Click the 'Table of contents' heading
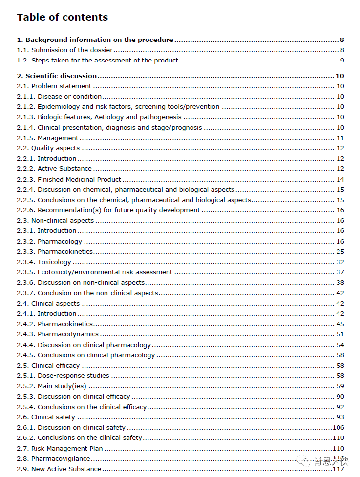62,17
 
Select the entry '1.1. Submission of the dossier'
65,50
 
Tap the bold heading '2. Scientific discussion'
57,76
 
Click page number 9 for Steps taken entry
342,61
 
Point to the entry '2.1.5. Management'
54,138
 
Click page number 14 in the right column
340,179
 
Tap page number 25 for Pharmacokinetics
340,251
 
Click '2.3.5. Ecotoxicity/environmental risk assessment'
95,272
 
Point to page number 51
340,334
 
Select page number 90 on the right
340,396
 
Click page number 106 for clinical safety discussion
338,427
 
